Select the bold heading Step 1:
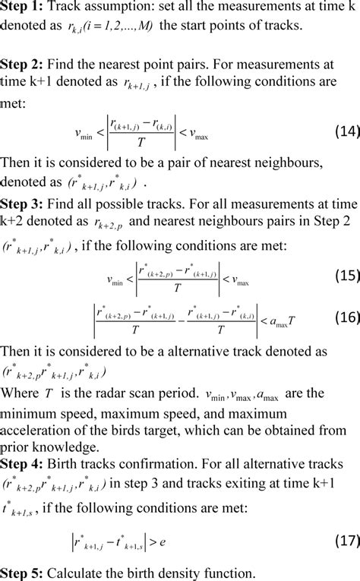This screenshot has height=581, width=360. point(24,8)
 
